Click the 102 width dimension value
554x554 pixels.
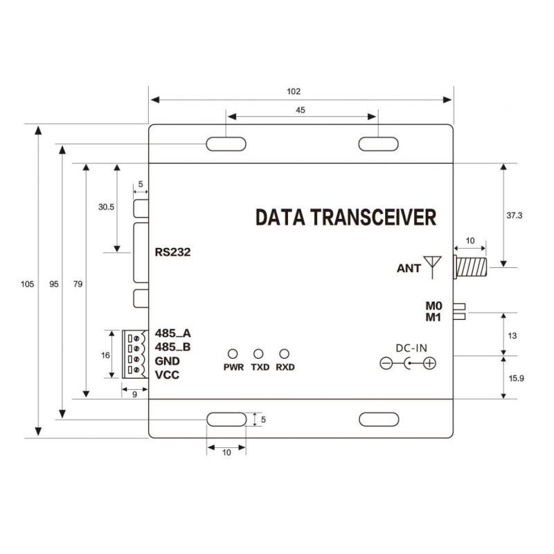pyautogui.click(x=296, y=91)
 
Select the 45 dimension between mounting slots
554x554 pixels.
pyautogui.click(x=301, y=109)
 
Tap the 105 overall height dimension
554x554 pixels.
pyautogui.click(x=27, y=284)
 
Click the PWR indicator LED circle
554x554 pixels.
pyautogui.click(x=233, y=353)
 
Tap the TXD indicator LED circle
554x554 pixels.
pyautogui.click(x=259, y=353)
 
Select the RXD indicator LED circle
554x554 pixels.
pyautogui.click(x=284, y=353)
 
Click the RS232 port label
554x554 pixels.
pyautogui.click(x=172, y=252)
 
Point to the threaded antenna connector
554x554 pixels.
pyautogui.click(x=470, y=265)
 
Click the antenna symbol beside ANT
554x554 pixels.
pyautogui.click(x=434, y=266)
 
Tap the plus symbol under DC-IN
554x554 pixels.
pyautogui.click(x=429, y=364)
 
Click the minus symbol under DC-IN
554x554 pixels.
pyautogui.click(x=387, y=364)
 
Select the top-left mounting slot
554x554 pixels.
pyautogui.click(x=226, y=143)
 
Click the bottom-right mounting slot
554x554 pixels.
pyautogui.click(x=377, y=420)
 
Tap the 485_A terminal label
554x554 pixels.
pyautogui.click(x=172, y=333)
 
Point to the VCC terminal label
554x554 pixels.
pyautogui.click(x=168, y=375)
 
